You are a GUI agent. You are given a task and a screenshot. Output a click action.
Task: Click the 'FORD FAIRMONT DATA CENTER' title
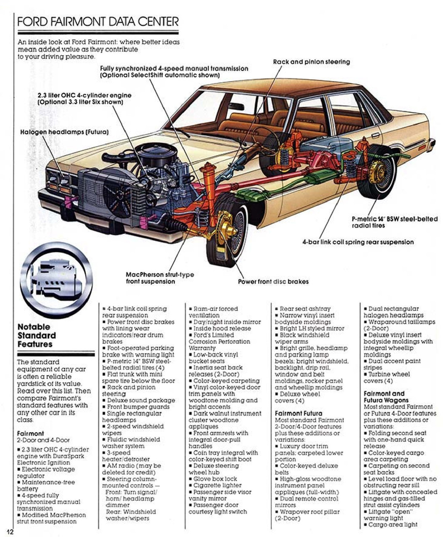pos(98,21)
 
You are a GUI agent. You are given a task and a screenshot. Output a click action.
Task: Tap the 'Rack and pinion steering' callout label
pos(311,62)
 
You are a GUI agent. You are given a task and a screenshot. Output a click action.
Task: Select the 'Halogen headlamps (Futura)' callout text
pos(64,132)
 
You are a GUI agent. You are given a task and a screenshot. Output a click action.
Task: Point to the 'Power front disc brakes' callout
pos(273,282)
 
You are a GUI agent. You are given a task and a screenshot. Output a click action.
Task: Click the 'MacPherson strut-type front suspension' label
pos(160,278)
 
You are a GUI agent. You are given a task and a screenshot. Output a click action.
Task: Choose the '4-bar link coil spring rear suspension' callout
pos(358,242)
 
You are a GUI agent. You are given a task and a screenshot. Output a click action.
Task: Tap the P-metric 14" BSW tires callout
pos(395,222)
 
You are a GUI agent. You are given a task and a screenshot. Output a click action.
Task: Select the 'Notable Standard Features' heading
pos(37,336)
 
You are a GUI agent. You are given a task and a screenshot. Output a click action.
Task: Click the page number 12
pos(10,532)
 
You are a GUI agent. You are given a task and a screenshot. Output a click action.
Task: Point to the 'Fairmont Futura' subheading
pos(298,413)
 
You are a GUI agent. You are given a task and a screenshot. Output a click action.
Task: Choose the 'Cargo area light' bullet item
pos(390,525)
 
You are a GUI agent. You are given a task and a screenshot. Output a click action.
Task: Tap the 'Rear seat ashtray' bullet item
pos(303,308)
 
